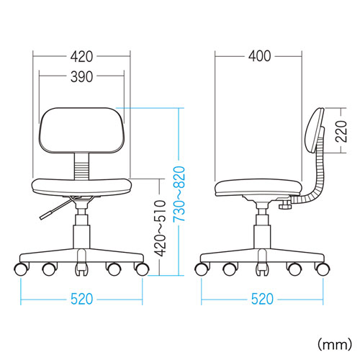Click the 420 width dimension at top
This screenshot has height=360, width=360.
coord(81,57)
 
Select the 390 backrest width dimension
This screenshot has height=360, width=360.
coord(81,77)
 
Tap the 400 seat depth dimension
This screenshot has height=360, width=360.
coord(260,56)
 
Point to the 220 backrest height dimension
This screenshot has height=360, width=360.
coord(341,131)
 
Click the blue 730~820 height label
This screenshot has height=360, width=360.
coord(179,194)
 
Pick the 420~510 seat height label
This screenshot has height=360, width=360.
coord(160,228)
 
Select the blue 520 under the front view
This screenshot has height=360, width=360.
coord(81,299)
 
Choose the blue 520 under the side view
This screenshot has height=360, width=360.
coord(262,299)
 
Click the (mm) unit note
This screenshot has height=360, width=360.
coord(335,344)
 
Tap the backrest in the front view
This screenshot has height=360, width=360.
coord(81,130)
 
